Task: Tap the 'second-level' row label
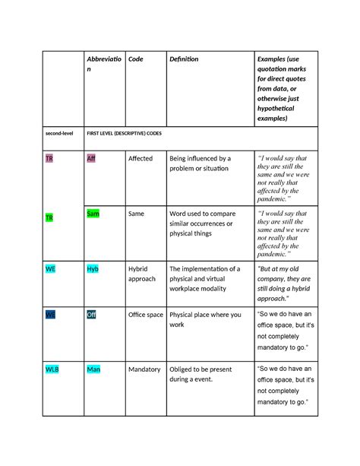(58, 133)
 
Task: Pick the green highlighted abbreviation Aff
(91, 159)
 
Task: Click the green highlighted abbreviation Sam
(93, 214)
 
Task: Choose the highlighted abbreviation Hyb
(93, 269)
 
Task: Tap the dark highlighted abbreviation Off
(91, 315)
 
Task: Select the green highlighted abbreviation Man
(93, 369)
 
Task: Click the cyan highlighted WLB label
(52, 369)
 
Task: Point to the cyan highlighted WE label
(50, 269)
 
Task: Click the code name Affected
(141, 159)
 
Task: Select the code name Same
(137, 214)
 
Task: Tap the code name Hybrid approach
(142, 274)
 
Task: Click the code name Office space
(146, 315)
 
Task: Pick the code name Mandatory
(144, 369)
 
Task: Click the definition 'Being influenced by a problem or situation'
(201, 163)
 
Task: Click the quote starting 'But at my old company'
(289, 279)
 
